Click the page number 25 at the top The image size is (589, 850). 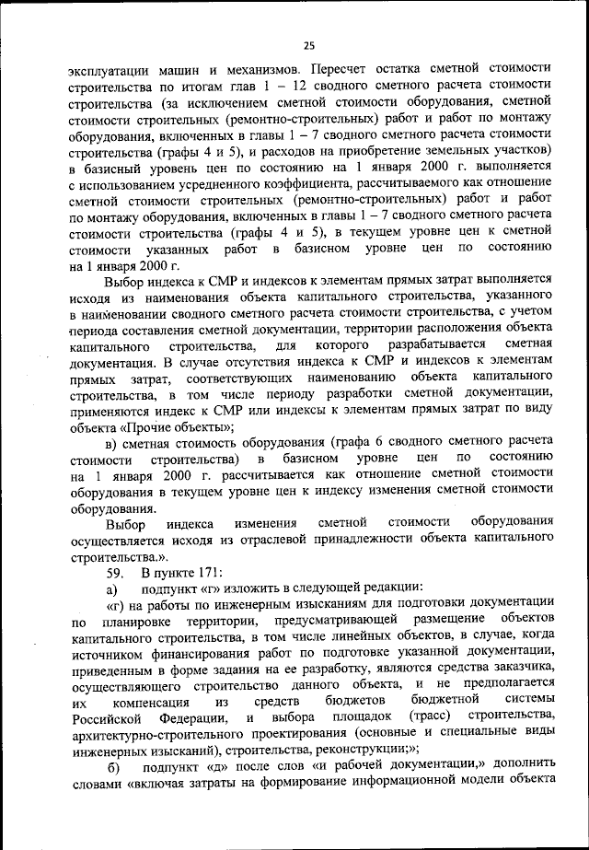pos(309,46)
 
